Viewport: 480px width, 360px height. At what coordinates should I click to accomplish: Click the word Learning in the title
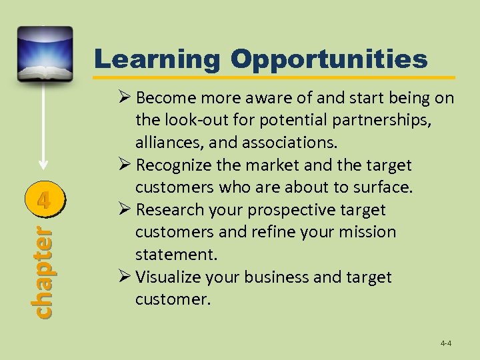[x=157, y=60]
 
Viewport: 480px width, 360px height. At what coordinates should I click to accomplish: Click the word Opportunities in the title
[x=329, y=60]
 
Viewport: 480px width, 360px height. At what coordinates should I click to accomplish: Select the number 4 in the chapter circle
[x=43, y=199]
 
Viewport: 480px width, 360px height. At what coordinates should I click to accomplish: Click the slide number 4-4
[x=445, y=343]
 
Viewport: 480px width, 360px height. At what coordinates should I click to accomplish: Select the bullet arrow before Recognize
[x=123, y=165]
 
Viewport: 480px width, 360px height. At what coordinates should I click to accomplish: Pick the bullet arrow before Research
[x=123, y=210]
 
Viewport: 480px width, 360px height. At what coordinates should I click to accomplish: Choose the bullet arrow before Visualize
[x=123, y=277]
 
